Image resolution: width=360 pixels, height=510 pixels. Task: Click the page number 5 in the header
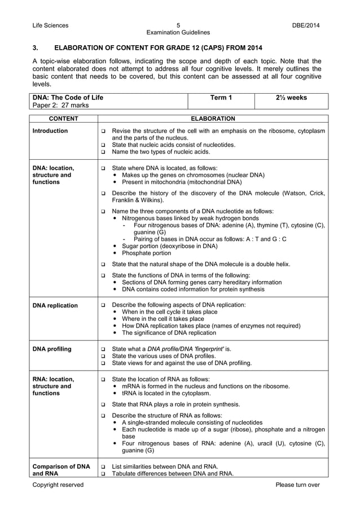178,25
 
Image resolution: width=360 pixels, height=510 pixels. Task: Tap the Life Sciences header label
50,25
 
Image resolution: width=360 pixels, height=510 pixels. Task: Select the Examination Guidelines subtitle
178,33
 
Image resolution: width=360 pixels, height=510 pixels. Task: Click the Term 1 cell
221,98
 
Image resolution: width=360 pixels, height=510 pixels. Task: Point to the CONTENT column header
63,119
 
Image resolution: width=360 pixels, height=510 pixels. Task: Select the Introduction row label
50,131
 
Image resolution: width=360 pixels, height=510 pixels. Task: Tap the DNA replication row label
55,306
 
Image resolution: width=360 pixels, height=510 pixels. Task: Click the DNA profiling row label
52,349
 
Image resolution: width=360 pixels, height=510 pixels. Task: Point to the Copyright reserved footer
58,485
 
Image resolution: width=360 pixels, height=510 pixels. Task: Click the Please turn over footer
297,485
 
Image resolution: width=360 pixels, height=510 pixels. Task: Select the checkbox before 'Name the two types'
103,152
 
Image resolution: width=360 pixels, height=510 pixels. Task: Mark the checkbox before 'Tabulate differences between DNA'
103,474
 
